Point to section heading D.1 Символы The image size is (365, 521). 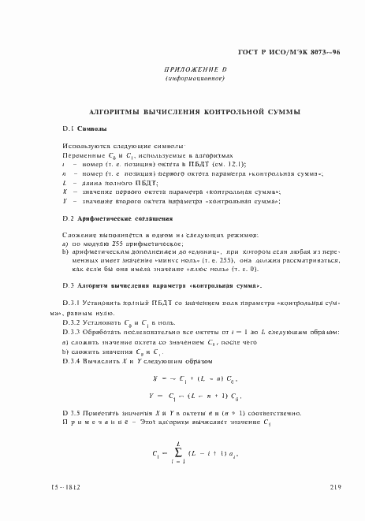(x=84, y=128)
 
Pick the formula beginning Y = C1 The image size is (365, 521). (x=193, y=395)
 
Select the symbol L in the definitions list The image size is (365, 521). (x=65, y=182)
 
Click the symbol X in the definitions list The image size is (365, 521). (x=65, y=192)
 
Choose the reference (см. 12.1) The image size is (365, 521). (x=229, y=163)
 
